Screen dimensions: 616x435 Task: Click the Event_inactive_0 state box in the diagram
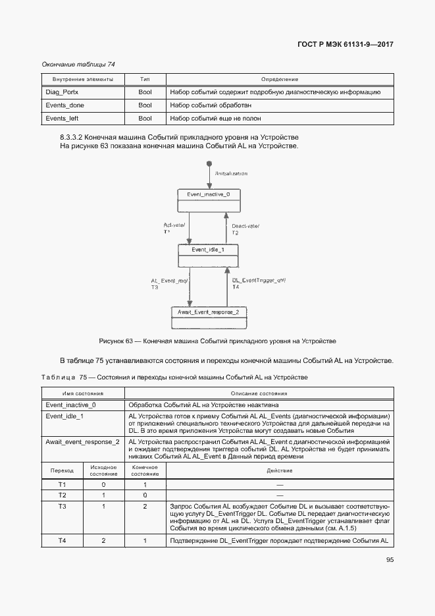209,195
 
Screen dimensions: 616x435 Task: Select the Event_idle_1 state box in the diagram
208,250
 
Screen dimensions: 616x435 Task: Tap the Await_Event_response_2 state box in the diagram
208,312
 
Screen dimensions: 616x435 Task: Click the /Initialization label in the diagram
231,173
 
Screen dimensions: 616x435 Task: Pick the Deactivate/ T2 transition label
245,229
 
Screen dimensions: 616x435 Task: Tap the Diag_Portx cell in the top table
62,92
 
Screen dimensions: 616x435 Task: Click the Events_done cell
64,105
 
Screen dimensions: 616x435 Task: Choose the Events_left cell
61,119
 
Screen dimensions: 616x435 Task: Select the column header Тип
145,79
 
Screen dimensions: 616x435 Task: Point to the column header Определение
280,79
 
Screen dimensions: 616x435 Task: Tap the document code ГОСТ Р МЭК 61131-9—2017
338,45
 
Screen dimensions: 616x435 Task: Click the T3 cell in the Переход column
62,506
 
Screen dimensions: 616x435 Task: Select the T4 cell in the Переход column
62,540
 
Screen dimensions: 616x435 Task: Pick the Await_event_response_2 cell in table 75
82,441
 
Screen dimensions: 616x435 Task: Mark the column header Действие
280,470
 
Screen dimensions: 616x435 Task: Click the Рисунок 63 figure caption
217,341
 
